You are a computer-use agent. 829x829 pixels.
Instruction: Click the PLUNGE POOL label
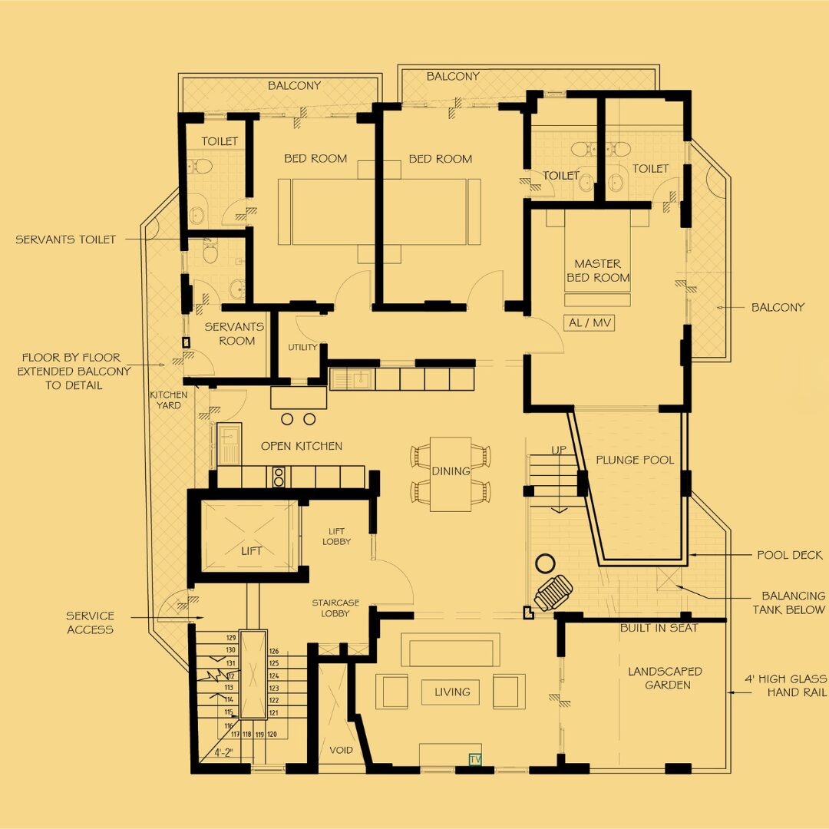(x=635, y=460)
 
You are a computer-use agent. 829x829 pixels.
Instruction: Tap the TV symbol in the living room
(x=475, y=759)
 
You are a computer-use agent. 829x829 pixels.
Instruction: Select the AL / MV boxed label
(x=590, y=322)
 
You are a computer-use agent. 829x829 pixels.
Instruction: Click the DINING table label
(x=451, y=471)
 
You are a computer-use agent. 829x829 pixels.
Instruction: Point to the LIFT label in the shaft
(x=251, y=551)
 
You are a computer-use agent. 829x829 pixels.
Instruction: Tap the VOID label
(x=341, y=750)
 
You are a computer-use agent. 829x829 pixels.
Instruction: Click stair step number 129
(x=231, y=638)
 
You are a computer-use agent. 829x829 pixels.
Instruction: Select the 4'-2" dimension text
(x=223, y=752)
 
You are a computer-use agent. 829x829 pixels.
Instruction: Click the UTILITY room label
(x=302, y=347)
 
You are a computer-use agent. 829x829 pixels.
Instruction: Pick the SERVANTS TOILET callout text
(x=65, y=239)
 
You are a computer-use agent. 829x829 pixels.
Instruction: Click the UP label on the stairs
(x=559, y=450)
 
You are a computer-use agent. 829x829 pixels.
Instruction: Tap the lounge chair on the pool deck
(x=553, y=593)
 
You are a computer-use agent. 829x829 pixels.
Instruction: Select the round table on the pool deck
(x=545, y=563)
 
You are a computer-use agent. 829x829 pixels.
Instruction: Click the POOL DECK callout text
(x=790, y=555)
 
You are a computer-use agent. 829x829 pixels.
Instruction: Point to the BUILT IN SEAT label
(x=659, y=628)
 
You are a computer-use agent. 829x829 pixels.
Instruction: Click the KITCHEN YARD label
(x=169, y=400)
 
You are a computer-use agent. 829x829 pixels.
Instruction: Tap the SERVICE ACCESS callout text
(x=90, y=623)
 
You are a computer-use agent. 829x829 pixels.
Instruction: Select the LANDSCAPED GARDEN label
(x=665, y=678)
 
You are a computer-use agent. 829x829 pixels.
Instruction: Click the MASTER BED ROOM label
(x=598, y=271)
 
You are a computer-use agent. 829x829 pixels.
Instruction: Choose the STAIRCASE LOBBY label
(x=335, y=608)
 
